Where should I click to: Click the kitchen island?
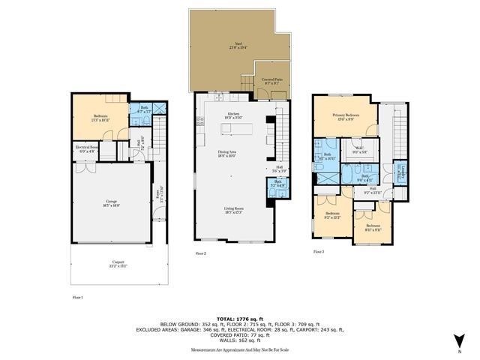(x=235, y=130)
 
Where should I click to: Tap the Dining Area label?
(x=228, y=154)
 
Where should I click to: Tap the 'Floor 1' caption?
(x=78, y=298)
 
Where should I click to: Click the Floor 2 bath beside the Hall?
(x=278, y=183)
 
